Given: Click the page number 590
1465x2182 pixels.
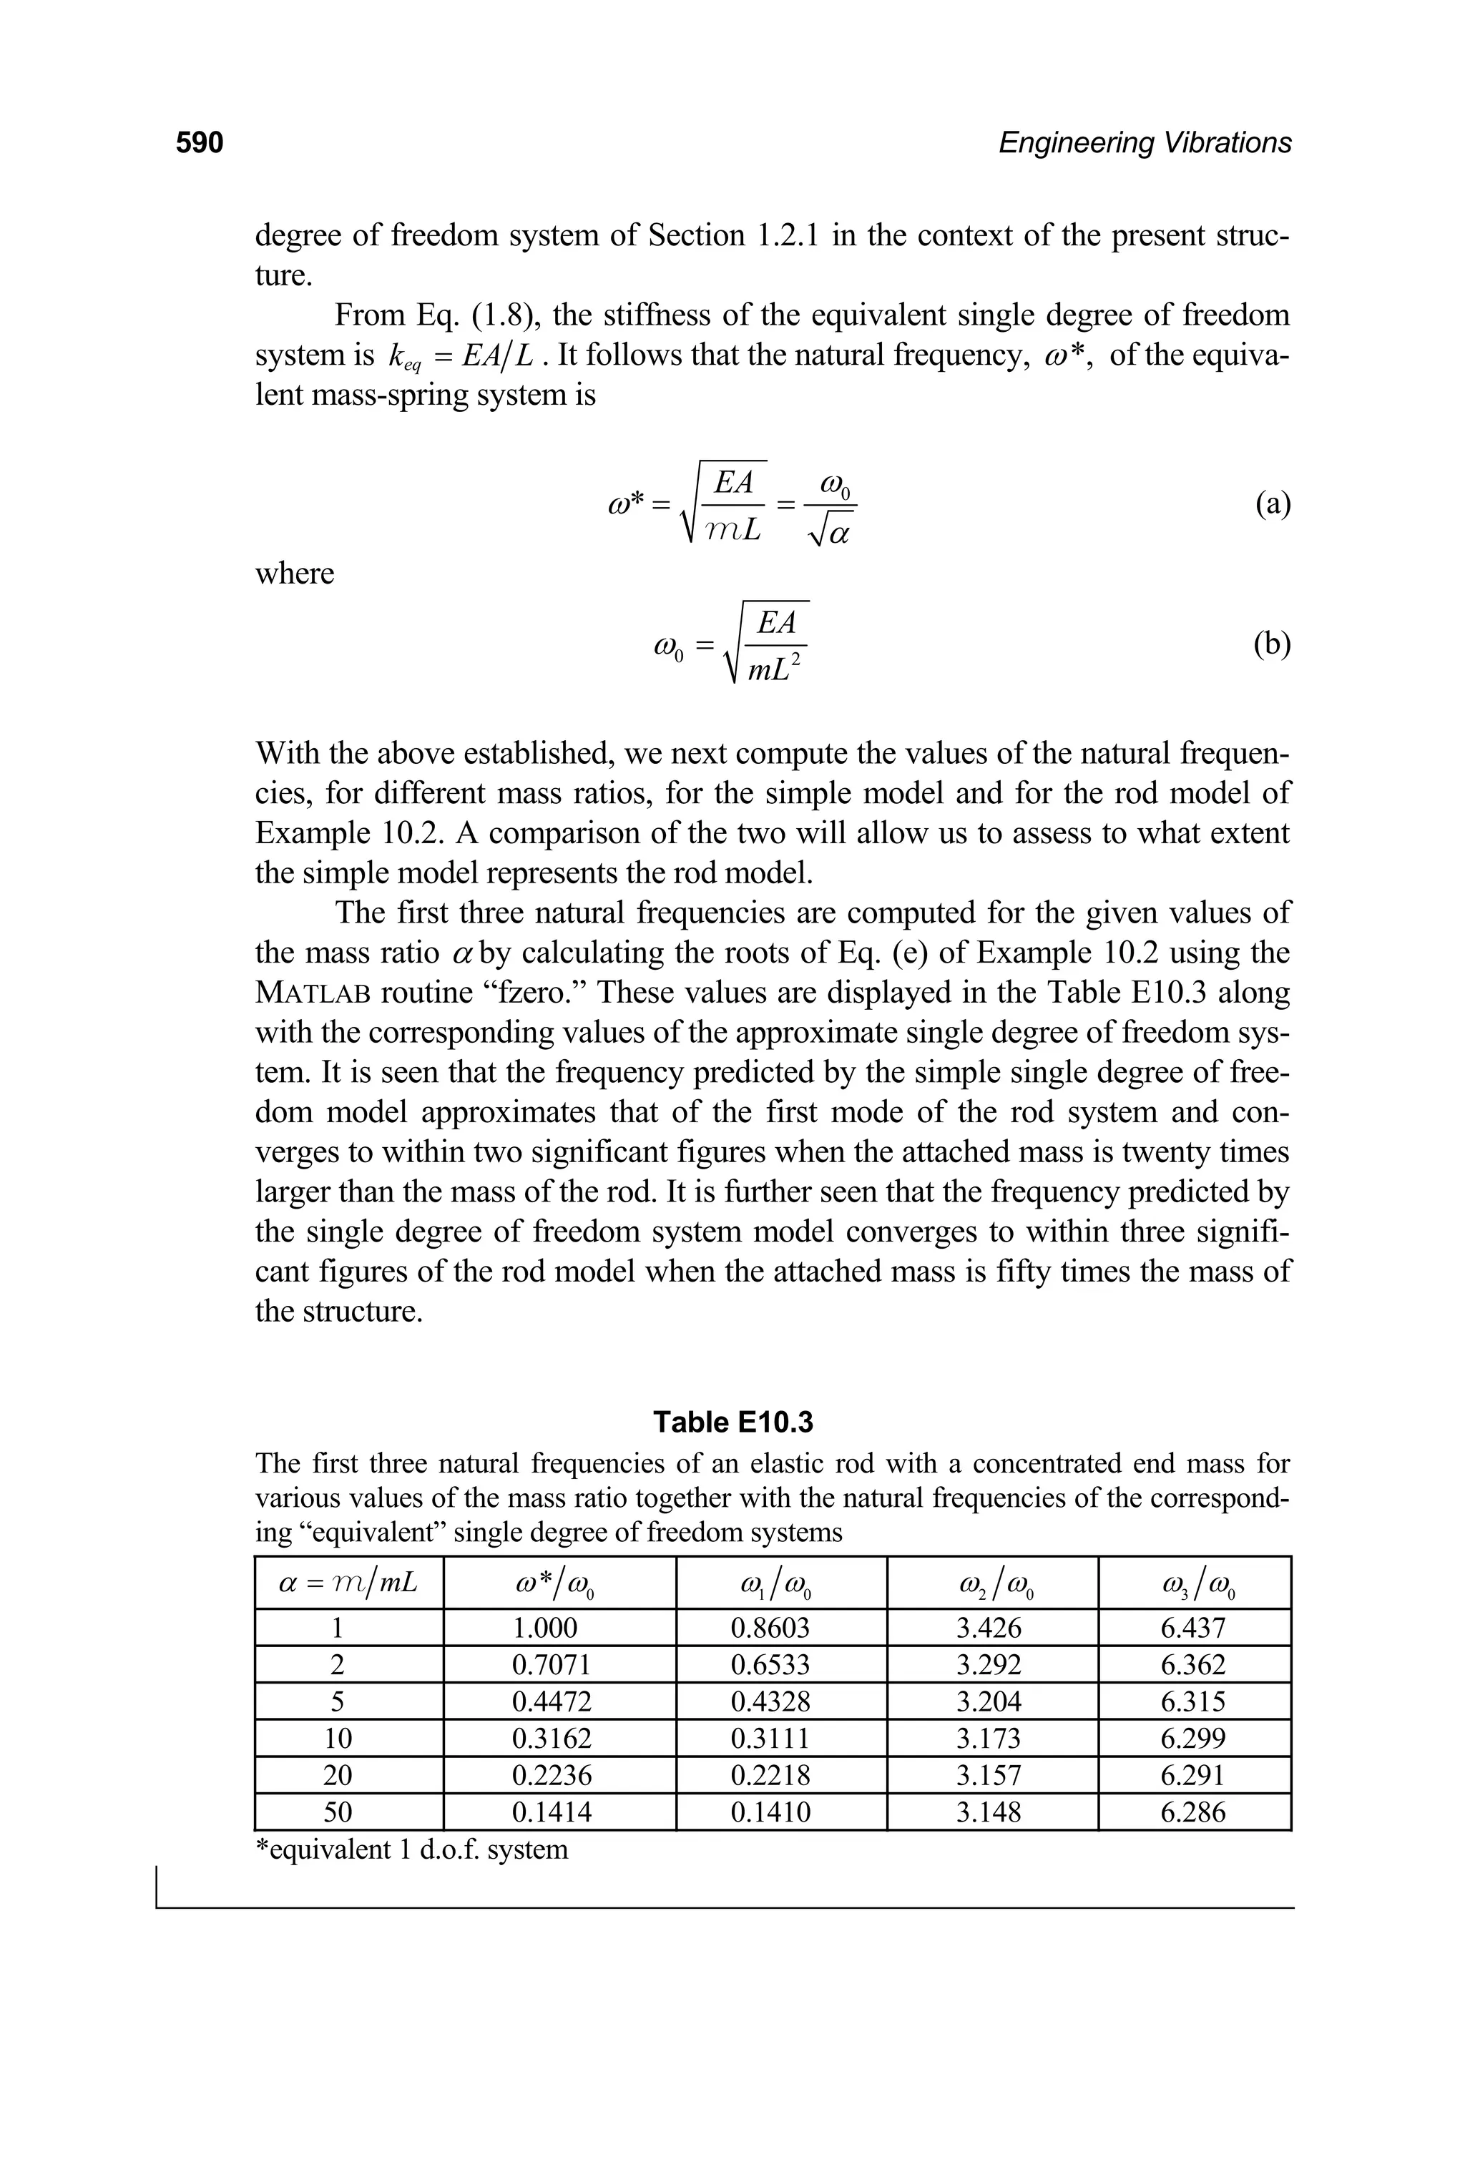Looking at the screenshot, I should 200,143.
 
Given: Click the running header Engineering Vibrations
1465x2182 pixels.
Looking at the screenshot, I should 1145,143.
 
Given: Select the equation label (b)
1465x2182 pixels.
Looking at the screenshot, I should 1273,644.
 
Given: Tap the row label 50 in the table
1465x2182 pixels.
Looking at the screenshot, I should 338,1812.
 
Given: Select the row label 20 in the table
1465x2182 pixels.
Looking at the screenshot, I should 338,1775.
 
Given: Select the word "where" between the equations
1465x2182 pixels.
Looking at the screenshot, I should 294,573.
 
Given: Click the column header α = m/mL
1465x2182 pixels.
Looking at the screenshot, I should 348,1583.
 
